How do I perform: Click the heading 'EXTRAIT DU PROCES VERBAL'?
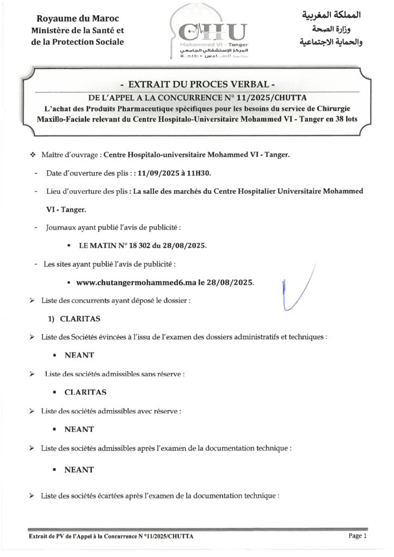pyautogui.click(x=198, y=85)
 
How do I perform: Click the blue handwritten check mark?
pyautogui.click(x=294, y=291)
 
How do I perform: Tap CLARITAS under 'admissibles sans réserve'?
pyautogui.click(x=85, y=392)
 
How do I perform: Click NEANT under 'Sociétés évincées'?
pyautogui.click(x=79, y=355)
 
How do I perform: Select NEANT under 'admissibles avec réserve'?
pyautogui.click(x=79, y=429)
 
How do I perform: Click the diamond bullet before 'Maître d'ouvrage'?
pyautogui.click(x=33, y=155)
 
